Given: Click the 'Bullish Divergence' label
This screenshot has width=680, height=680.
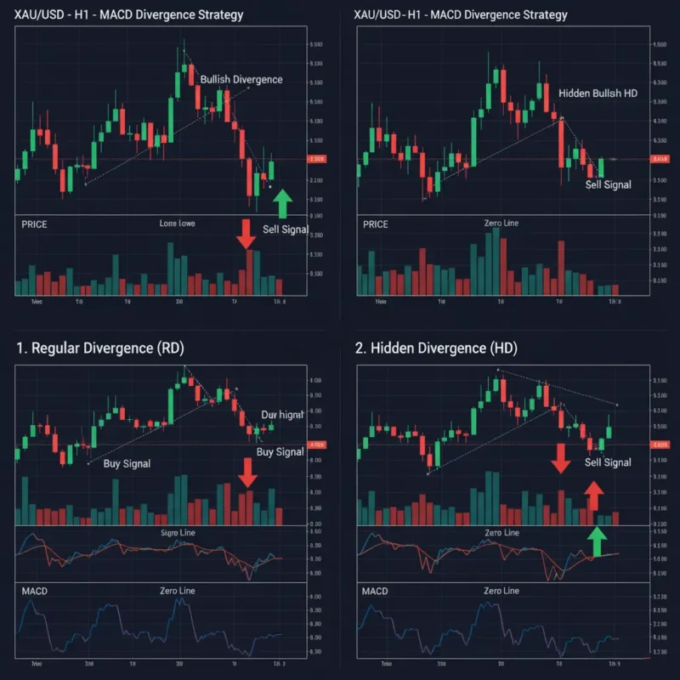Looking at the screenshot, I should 241,79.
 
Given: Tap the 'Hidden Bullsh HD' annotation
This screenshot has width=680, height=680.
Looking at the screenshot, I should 598,93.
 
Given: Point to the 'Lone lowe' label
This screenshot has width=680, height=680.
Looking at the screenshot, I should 178,224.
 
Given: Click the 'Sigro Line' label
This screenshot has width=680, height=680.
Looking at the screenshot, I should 178,532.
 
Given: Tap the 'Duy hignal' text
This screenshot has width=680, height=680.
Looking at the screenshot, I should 282,415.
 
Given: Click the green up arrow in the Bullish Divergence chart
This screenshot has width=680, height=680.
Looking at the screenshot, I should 281,204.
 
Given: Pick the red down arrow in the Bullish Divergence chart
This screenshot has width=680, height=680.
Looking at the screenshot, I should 246,234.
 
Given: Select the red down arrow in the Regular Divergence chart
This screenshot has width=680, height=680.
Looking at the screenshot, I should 247,473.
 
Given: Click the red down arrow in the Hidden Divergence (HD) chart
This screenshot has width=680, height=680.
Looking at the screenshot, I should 560,457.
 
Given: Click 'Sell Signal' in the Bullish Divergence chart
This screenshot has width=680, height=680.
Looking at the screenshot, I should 286,229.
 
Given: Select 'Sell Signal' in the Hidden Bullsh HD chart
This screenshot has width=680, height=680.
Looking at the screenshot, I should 609,184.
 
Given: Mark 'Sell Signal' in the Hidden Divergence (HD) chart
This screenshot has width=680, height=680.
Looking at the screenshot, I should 608,462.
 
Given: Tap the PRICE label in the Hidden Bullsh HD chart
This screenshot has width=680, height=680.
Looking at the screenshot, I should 375,224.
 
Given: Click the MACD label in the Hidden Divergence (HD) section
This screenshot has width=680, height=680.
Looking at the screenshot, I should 375,590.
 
